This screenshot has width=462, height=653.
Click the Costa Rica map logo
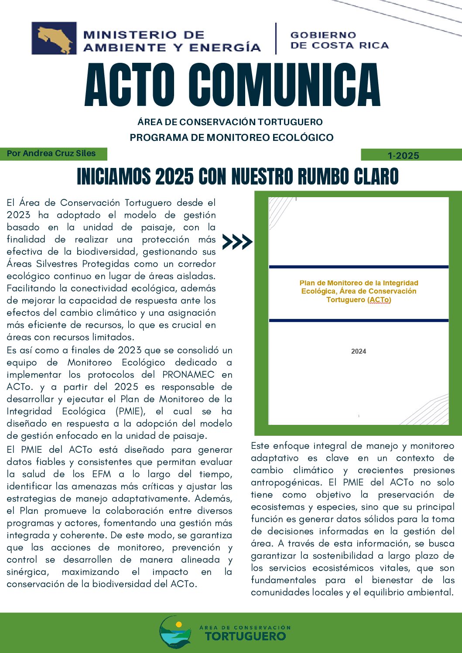click(x=54, y=38)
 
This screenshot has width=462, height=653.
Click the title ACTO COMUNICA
click(x=233, y=85)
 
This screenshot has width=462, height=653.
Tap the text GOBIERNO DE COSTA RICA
click(x=339, y=40)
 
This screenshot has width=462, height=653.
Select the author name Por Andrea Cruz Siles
click(x=51, y=154)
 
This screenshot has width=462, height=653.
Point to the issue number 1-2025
click(x=403, y=156)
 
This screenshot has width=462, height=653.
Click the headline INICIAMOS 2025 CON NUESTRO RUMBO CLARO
click(x=238, y=177)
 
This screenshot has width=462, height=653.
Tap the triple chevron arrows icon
click(x=237, y=241)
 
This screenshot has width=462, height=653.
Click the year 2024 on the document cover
click(x=359, y=352)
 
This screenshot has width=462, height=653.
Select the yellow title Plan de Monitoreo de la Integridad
click(x=359, y=283)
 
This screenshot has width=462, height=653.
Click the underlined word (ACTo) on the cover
click(x=380, y=300)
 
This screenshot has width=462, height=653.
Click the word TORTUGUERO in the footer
click(x=245, y=636)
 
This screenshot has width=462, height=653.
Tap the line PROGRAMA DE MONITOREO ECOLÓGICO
click(x=231, y=138)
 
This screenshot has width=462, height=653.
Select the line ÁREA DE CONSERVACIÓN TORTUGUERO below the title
click(x=230, y=122)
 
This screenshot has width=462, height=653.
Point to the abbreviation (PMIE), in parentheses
click(x=130, y=411)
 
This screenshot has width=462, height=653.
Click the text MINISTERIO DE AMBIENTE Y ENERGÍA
click(x=171, y=41)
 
